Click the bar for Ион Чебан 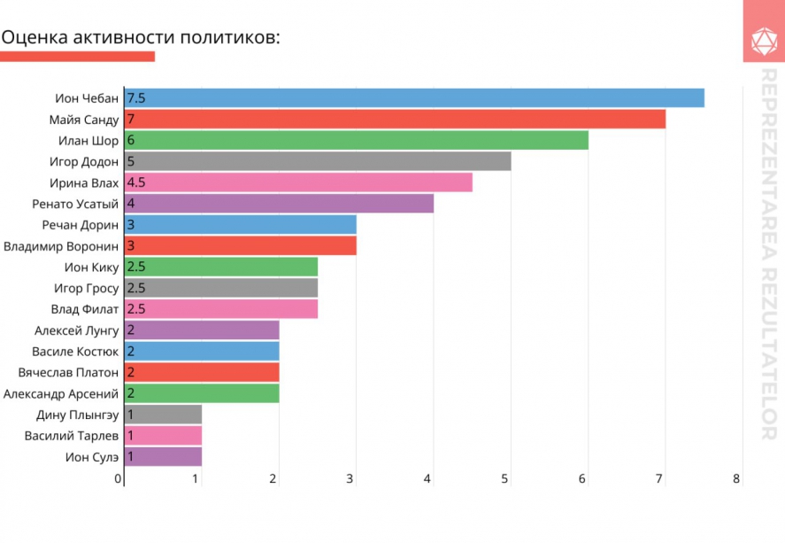tap(414, 97)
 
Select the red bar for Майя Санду tap(395, 120)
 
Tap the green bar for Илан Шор tap(357, 140)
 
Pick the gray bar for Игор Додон tap(318, 161)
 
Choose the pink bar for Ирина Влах tap(298, 182)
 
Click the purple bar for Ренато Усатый tap(279, 204)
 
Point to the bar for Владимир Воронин tap(241, 245)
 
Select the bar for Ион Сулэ tap(163, 457)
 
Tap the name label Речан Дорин tap(81, 225)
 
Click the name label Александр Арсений tap(61, 394)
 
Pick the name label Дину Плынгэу tap(78, 415)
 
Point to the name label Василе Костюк tap(75, 352)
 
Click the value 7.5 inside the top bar tap(136, 98)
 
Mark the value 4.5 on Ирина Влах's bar tap(136, 182)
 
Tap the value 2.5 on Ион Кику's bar tap(136, 267)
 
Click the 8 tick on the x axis tap(736, 479)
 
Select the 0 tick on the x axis tap(118, 479)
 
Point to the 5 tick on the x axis tap(504, 479)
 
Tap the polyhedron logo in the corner tap(764, 42)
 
